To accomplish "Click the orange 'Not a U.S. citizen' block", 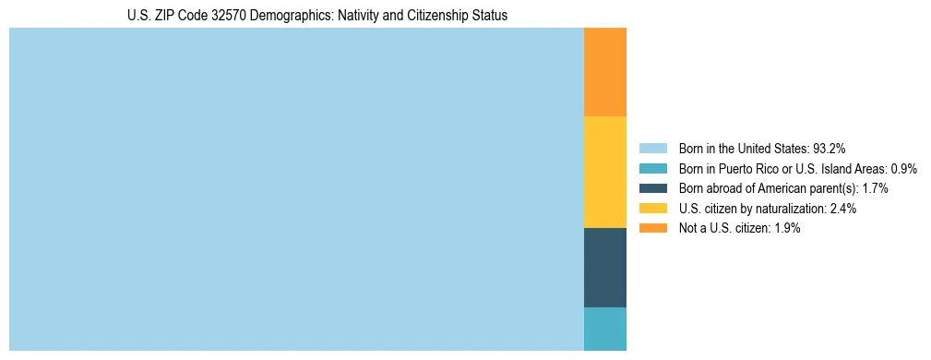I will (x=605, y=72).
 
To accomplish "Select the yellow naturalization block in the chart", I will (x=605, y=172).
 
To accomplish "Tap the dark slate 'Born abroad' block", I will (x=605, y=267).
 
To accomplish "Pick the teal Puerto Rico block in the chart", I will (x=605, y=329).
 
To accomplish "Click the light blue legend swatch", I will (x=652, y=148).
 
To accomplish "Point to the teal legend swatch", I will (x=652, y=168).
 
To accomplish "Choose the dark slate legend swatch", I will (x=652, y=188).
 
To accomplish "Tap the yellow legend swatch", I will (x=652, y=209).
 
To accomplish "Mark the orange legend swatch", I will (x=652, y=228).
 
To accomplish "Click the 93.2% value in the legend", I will (x=829, y=149).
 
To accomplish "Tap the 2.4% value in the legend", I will (x=843, y=209).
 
